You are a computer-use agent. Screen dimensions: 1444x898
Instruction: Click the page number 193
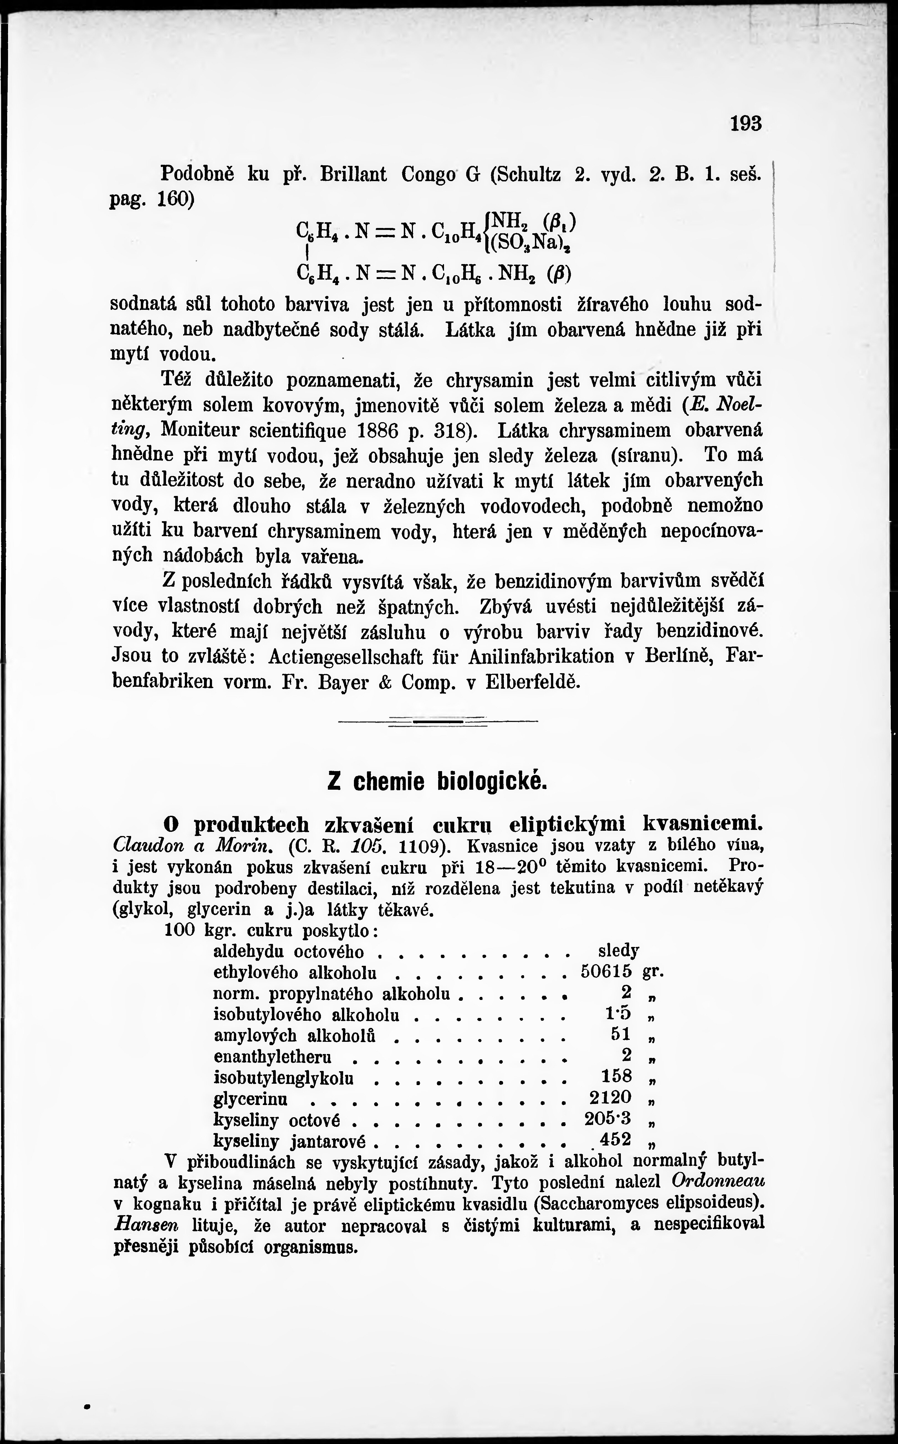point(745,124)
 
